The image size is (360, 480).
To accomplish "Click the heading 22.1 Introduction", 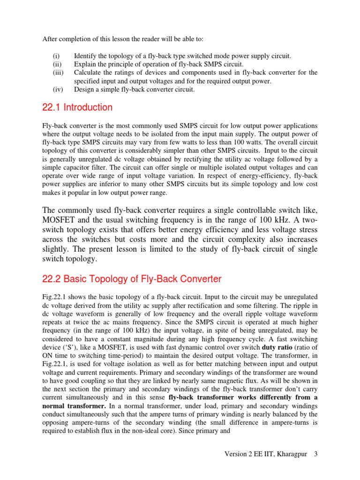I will point(77,107).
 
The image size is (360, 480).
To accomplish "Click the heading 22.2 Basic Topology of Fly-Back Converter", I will point(132,279).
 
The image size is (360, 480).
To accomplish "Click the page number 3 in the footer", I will point(316,454).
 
